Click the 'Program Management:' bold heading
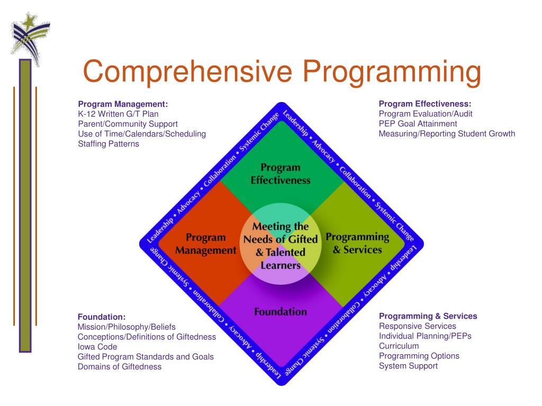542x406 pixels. click(x=123, y=104)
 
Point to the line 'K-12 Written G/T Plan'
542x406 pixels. click(x=118, y=114)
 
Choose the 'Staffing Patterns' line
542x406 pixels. click(x=109, y=144)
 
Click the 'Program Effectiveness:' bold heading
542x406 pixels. click(x=424, y=104)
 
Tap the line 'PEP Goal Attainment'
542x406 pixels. click(x=418, y=124)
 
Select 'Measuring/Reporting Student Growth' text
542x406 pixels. click(x=447, y=134)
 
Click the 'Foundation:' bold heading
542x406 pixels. click(x=102, y=317)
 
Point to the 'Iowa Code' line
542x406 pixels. click(x=97, y=347)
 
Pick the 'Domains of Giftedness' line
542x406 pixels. click(x=120, y=367)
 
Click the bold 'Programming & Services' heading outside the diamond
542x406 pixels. click(x=428, y=316)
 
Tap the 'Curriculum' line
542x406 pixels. click(x=399, y=346)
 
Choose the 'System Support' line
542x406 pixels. click(x=408, y=366)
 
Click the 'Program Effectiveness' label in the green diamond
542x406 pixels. click(x=281, y=174)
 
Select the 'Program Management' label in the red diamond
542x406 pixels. click(x=205, y=244)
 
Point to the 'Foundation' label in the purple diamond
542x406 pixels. click(x=281, y=311)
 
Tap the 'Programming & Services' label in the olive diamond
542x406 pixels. click(x=357, y=243)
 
